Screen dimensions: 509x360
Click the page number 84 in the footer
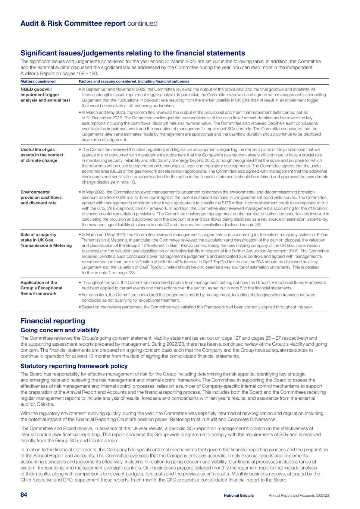pyautogui.click(x=24, y=495)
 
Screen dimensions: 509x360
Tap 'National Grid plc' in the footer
pyautogui.click(x=239, y=496)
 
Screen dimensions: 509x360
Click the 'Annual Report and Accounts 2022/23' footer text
pyautogui.click(x=299, y=496)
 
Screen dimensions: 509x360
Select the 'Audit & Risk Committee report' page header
pyautogui.click(x=73, y=23)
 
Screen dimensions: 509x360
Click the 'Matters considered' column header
pyautogui.click(x=38, y=81)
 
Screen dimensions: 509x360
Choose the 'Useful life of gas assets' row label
pyautogui.click(x=42, y=155)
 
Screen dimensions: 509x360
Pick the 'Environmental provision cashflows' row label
pyautogui.click(x=41, y=197)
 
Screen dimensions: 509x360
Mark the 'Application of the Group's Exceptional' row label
pyautogui.click(x=41, y=288)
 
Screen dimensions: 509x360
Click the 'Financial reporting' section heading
pyautogui.click(x=53, y=321)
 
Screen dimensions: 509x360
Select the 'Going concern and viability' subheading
pyautogui.click(x=60, y=330)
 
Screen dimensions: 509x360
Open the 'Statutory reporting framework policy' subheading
pyautogui.click(x=74, y=366)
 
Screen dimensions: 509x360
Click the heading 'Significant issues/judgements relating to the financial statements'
pyautogui.click(x=132, y=53)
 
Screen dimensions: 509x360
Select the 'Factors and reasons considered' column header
pyautogui.click(x=134, y=81)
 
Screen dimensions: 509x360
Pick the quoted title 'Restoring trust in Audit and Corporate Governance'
pyautogui.click(x=221, y=420)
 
